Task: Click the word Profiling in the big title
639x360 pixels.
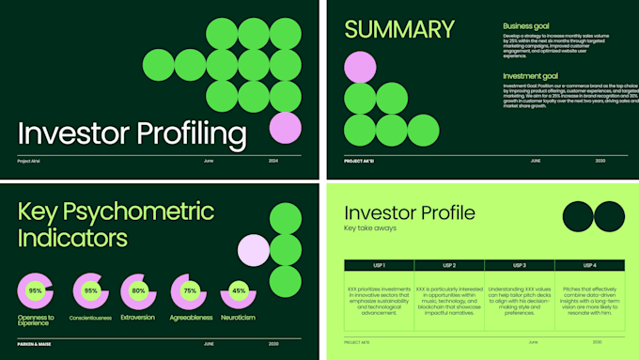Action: coord(189,135)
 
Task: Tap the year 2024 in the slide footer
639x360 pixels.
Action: coord(273,161)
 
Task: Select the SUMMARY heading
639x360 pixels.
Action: coord(400,29)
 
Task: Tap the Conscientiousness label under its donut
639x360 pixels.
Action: coord(91,318)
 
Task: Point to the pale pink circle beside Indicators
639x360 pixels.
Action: coord(254,251)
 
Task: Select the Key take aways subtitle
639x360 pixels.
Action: coord(371,228)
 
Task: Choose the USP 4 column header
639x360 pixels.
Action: coord(589,265)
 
